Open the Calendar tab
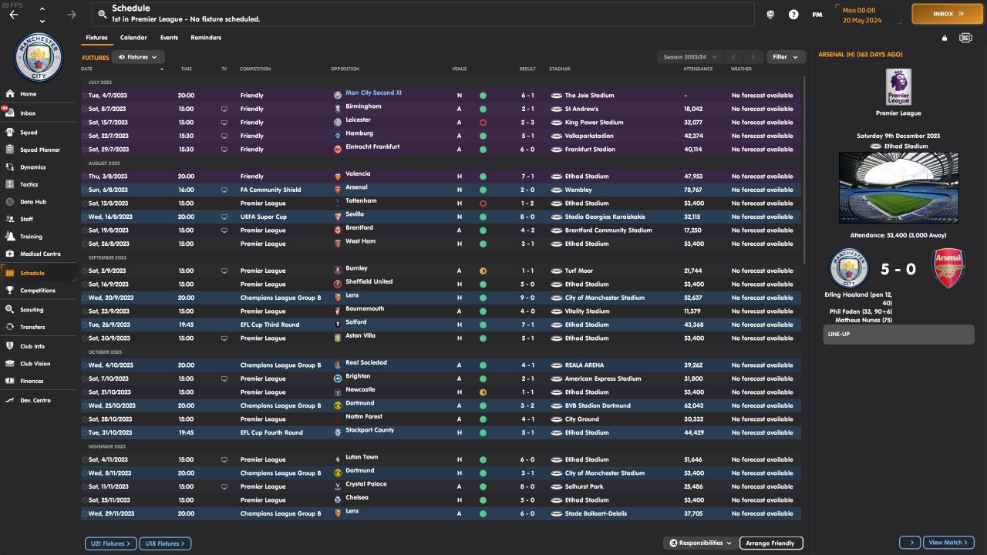click(133, 38)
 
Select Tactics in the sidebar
click(29, 184)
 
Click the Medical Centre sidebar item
click(39, 254)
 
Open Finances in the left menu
click(32, 381)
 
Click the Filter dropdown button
click(786, 57)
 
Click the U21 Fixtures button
click(111, 543)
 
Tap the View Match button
click(948, 543)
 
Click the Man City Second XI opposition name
click(373, 93)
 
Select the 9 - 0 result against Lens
click(527, 298)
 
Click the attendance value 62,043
click(692, 405)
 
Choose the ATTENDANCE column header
click(697, 69)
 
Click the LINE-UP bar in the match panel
click(898, 335)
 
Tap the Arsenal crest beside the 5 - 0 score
click(948, 268)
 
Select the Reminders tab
click(206, 38)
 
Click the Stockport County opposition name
click(369, 430)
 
